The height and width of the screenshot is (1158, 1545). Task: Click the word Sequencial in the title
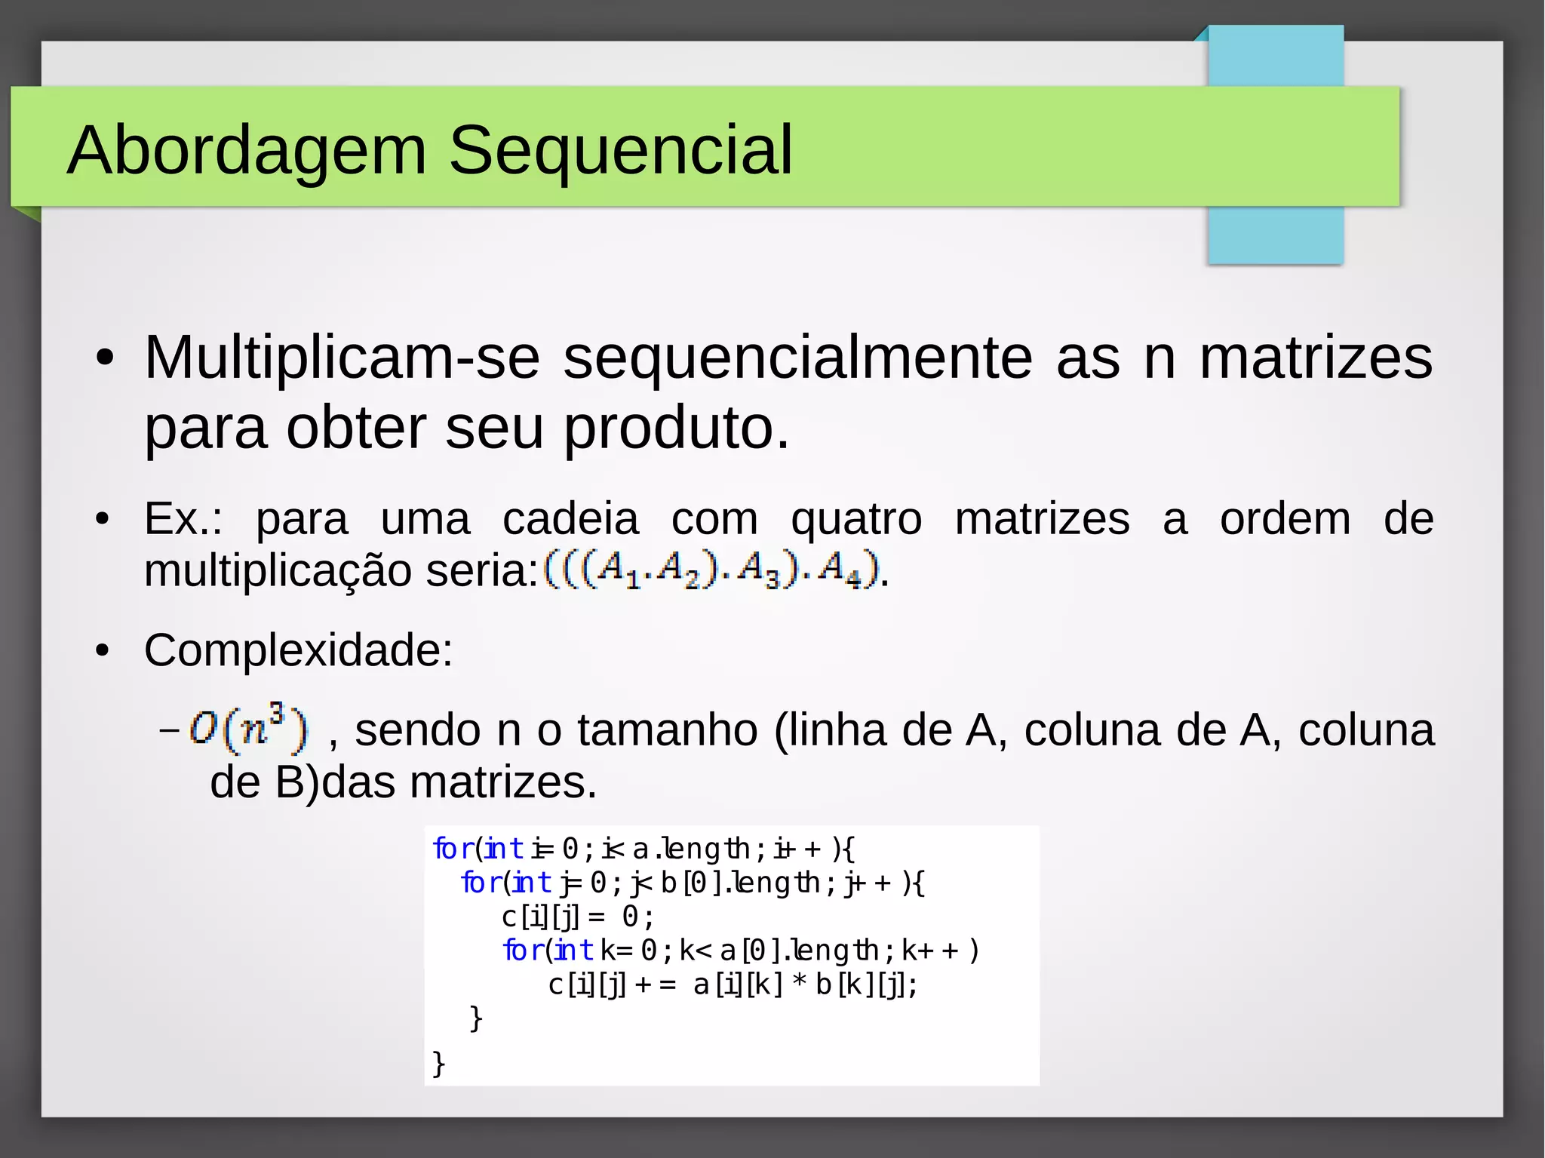620,151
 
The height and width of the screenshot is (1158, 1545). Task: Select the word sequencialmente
797,358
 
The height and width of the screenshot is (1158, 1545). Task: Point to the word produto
676,428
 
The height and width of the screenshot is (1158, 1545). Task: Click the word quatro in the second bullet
856,519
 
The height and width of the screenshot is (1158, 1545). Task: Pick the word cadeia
570,519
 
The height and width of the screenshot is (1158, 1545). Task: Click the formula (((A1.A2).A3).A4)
711,570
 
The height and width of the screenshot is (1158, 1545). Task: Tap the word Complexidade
298,650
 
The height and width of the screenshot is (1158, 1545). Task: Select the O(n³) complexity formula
248,729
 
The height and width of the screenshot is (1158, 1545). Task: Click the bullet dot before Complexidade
103,650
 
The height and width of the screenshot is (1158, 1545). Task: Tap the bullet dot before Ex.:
103,519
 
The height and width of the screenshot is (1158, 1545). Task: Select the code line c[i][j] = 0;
577,917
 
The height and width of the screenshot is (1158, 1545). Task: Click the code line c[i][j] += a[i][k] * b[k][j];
733,984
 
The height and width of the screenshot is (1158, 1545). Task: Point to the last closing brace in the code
439,1064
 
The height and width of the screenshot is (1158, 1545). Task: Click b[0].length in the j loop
740,883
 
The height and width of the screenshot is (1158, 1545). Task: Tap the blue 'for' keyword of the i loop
453,849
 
